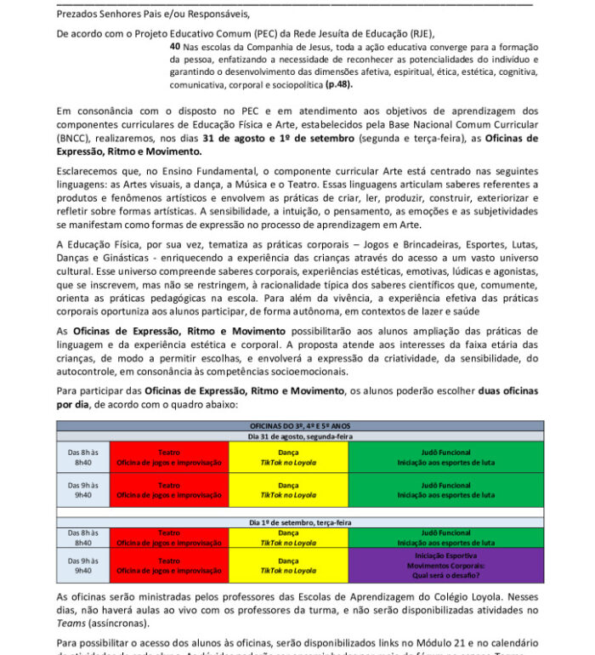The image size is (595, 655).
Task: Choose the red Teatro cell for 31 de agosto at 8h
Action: point(169,458)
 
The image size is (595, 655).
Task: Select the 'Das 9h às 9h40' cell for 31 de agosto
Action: point(83,490)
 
